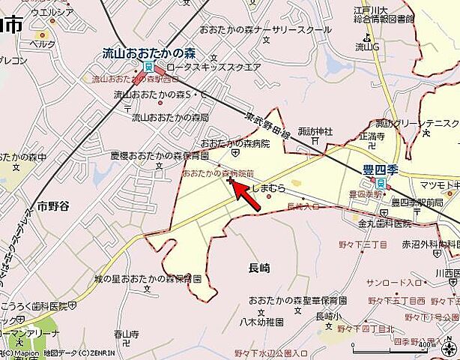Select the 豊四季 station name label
pyautogui.click(x=379, y=170)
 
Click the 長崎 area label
pyautogui.click(x=258, y=267)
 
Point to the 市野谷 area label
pyautogui.click(x=52, y=205)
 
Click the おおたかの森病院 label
pyautogui.click(x=224, y=142)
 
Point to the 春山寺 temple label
pyautogui.click(x=127, y=333)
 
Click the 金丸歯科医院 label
pyautogui.click(x=384, y=223)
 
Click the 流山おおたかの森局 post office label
pyautogui.click(x=170, y=118)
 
